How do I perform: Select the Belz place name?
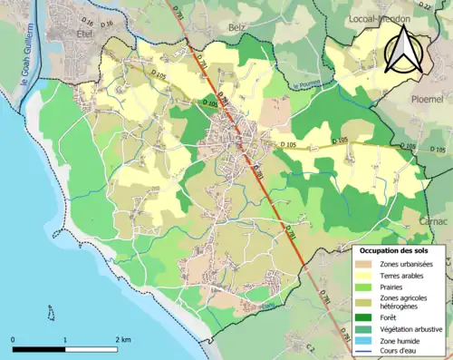point(237,28)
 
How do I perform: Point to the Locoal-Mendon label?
point(379,17)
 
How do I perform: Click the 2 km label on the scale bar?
point(124,339)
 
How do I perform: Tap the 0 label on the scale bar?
point(14,339)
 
